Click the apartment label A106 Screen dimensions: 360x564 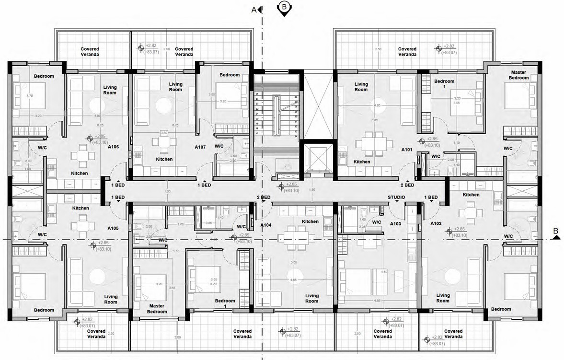tap(114, 147)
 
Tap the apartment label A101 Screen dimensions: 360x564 tap(407, 150)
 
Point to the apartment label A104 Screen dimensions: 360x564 tap(266, 225)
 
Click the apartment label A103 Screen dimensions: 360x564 tap(395, 224)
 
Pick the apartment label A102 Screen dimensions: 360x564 tap(436, 224)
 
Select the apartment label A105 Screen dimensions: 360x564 tap(113, 228)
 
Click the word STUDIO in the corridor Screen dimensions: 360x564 tap(396, 197)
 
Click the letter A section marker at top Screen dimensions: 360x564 tap(254, 9)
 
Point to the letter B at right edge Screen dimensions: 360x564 tap(555, 231)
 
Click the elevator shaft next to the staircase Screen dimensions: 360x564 tap(318, 158)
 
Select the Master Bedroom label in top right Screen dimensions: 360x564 tap(518, 75)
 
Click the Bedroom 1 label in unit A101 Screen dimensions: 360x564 tap(444, 84)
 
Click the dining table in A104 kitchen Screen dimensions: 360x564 tap(296, 235)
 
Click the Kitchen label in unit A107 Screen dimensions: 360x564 tap(164, 159)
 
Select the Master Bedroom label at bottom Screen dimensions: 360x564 tap(157, 309)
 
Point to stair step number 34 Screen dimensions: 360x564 tap(296, 137)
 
